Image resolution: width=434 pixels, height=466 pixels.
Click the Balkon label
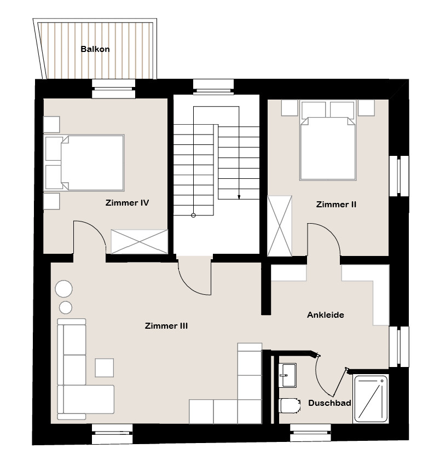click(95, 49)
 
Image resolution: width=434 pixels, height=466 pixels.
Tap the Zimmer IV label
click(127, 203)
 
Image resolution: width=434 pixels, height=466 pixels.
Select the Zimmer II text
click(336, 204)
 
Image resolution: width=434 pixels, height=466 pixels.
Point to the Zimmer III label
click(166, 326)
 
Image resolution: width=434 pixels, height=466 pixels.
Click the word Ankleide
click(326, 314)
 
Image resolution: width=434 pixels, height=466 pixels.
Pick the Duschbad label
click(329, 403)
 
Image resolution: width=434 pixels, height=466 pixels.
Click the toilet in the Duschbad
click(290, 406)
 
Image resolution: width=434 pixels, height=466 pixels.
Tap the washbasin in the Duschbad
click(288, 375)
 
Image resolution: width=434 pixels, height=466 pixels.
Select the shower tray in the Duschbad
click(371, 399)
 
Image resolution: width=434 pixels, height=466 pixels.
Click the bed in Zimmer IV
click(84, 162)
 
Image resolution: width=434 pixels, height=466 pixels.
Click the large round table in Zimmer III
click(63, 289)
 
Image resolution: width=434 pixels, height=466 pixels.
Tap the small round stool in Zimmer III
click(66, 307)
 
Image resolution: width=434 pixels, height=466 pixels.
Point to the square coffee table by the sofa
click(104, 368)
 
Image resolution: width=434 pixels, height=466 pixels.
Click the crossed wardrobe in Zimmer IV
click(140, 242)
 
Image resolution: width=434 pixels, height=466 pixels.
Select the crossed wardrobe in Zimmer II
click(280, 226)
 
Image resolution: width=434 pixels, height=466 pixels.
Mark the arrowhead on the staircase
click(239, 197)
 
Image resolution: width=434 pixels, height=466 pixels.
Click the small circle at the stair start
click(193, 215)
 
